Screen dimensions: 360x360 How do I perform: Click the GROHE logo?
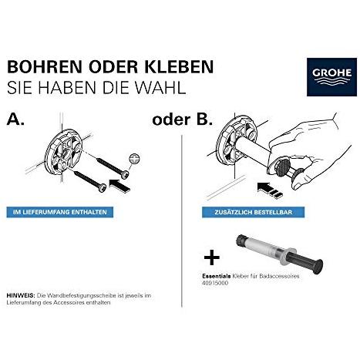coord(331,77)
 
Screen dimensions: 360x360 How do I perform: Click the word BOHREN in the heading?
coord(44,67)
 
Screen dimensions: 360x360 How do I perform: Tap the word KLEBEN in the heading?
coord(179,67)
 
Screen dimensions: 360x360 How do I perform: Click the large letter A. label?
coord(15,119)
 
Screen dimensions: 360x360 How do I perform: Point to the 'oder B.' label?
coord(183,119)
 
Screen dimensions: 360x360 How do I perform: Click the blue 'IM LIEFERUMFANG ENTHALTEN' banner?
coord(60,212)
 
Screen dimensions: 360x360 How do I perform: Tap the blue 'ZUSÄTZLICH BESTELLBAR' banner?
coord(253,213)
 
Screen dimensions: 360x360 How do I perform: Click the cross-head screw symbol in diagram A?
coord(135,158)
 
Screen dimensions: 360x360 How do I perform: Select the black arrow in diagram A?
coord(119,185)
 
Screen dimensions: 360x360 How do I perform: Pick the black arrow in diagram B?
coord(269,190)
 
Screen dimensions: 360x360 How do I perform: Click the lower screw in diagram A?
coord(90,180)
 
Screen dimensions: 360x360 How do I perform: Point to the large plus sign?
coord(212,257)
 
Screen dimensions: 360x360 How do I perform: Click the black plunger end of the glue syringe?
coord(318,266)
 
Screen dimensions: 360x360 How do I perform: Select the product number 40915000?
coord(215,284)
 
